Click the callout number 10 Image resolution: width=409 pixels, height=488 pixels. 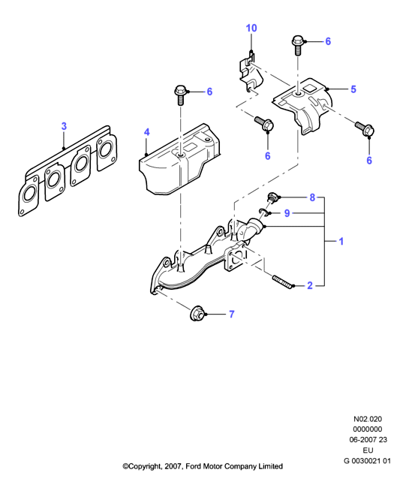[251, 28]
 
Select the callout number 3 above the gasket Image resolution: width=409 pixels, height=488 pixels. [64, 126]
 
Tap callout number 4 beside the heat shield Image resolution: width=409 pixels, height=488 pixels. [147, 132]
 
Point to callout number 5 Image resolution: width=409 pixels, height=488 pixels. [353, 89]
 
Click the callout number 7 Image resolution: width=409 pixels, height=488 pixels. [231, 315]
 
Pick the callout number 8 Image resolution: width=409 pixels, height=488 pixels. [312, 197]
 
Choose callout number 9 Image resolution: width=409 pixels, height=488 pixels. [287, 213]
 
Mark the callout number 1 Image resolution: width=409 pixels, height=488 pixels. [341, 241]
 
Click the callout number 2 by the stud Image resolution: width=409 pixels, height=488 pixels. [310, 285]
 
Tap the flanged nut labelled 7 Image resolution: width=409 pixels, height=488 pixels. [196, 313]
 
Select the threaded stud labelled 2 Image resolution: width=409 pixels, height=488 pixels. [282, 282]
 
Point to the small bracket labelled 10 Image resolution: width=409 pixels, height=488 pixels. [251, 73]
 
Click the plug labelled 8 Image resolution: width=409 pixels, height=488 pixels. [272, 197]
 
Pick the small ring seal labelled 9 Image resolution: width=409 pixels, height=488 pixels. [263, 212]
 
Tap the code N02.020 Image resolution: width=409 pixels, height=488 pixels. [368, 419]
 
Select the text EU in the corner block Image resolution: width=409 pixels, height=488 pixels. [368, 450]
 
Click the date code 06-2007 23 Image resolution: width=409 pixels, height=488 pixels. [368, 440]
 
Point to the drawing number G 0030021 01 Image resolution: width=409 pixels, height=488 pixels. [367, 461]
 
